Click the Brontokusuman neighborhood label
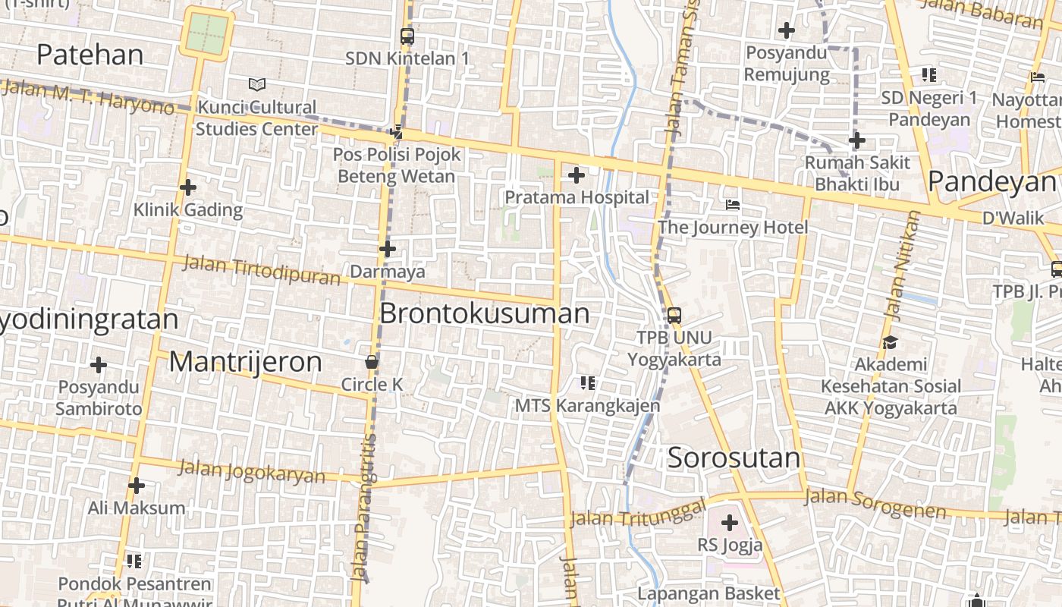(484, 313)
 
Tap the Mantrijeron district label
(245, 362)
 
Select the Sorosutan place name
(734, 458)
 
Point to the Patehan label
(90, 55)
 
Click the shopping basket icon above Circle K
(372, 362)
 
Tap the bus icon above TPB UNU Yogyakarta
(674, 315)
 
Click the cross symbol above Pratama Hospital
(577, 175)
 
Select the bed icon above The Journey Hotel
(733, 205)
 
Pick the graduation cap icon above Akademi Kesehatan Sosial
(890, 343)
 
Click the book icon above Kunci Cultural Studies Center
(257, 84)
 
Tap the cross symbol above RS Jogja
(730, 523)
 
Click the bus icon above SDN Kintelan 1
(407, 36)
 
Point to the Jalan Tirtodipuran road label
(262, 270)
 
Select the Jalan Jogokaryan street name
(251, 471)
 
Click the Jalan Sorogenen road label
(875, 504)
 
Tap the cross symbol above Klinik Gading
(188, 187)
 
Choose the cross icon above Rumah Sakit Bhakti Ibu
(857, 140)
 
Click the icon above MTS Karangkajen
(587, 383)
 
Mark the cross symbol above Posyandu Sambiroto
(99, 365)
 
